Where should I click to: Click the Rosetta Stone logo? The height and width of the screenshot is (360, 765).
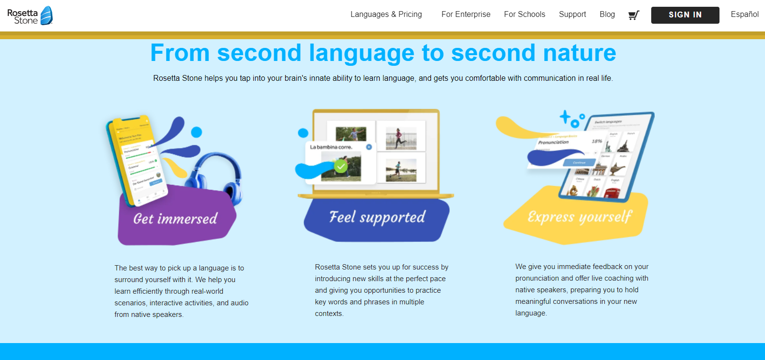pyautogui.click(x=30, y=15)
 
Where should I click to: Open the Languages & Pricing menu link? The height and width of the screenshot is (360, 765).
pyautogui.click(x=386, y=15)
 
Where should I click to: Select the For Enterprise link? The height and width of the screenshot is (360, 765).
pyautogui.click(x=466, y=15)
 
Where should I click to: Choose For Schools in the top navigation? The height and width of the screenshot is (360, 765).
pyautogui.click(x=524, y=15)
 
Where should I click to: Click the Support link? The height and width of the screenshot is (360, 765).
pyautogui.click(x=572, y=15)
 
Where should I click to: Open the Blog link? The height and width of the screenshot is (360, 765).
pyautogui.click(x=607, y=15)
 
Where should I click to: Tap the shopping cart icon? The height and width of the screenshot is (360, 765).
pyautogui.click(x=633, y=15)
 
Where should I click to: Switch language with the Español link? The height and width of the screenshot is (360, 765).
pyautogui.click(x=745, y=15)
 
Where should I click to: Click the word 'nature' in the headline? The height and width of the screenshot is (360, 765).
pyautogui.click(x=579, y=53)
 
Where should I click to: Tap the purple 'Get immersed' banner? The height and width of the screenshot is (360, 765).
pyautogui.click(x=175, y=219)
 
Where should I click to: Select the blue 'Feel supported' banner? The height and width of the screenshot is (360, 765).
pyautogui.click(x=377, y=217)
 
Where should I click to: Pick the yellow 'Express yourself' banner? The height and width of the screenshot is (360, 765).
pyautogui.click(x=579, y=217)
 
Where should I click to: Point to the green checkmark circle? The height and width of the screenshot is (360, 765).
pyautogui.click(x=341, y=167)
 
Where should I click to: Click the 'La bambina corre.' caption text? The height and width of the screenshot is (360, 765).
pyautogui.click(x=331, y=147)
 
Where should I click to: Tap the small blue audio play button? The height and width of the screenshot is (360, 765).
pyautogui.click(x=369, y=147)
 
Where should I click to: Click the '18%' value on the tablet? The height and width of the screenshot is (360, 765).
pyautogui.click(x=597, y=141)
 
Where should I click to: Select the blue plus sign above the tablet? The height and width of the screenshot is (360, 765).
pyautogui.click(x=565, y=117)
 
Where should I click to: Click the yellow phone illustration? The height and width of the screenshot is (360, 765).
pyautogui.click(x=137, y=160)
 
